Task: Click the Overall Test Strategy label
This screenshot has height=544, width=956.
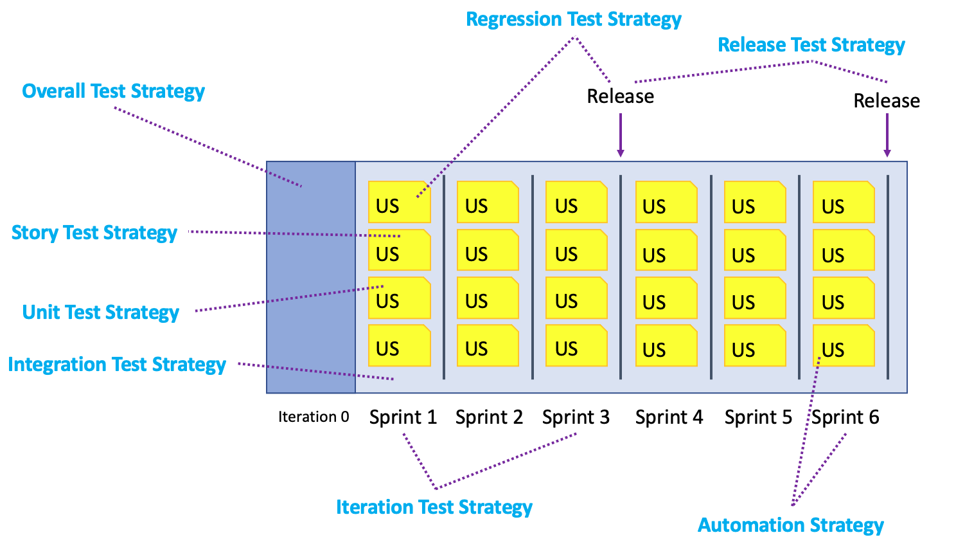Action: point(113,91)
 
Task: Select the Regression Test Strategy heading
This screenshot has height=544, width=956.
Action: point(573,19)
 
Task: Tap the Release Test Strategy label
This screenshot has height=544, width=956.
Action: point(811,45)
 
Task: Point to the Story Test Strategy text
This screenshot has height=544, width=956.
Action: point(94,233)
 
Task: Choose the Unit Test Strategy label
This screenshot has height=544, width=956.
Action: point(100,313)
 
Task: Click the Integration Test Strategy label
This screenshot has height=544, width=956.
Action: point(116,365)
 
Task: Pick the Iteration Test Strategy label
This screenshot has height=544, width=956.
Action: point(434,507)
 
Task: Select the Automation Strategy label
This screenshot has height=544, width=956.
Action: point(790,525)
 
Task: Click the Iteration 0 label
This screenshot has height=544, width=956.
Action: point(314,417)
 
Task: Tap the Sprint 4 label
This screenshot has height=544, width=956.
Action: point(669,417)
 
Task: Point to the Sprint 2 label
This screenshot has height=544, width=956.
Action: point(489,417)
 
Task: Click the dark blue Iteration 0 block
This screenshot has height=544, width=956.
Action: point(311,277)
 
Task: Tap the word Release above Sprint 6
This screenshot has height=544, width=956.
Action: point(886,101)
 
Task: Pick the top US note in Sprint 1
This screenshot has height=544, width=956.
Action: point(399,202)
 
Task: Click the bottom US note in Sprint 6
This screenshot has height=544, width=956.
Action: point(844,346)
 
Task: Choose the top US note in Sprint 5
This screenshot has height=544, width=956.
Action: point(755,202)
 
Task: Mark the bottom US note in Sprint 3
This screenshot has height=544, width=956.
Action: point(576,345)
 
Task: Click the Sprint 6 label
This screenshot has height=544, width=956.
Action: point(845,417)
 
